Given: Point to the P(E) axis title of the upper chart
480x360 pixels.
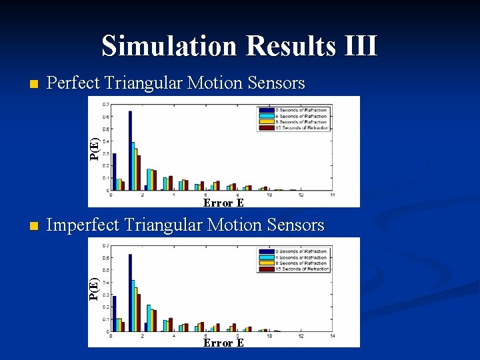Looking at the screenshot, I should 95,148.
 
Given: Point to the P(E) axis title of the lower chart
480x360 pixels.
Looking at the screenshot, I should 95,288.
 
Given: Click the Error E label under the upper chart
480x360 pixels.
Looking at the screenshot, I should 223,203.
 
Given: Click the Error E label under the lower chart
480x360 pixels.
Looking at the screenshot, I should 223,343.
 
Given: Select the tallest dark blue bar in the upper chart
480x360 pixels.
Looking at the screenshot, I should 130,150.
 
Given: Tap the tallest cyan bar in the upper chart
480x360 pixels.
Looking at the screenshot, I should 133,165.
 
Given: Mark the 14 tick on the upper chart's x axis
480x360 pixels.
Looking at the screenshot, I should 333,195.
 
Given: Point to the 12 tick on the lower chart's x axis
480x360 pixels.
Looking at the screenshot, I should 301,336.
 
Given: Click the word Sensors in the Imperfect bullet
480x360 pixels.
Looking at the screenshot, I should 295,225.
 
